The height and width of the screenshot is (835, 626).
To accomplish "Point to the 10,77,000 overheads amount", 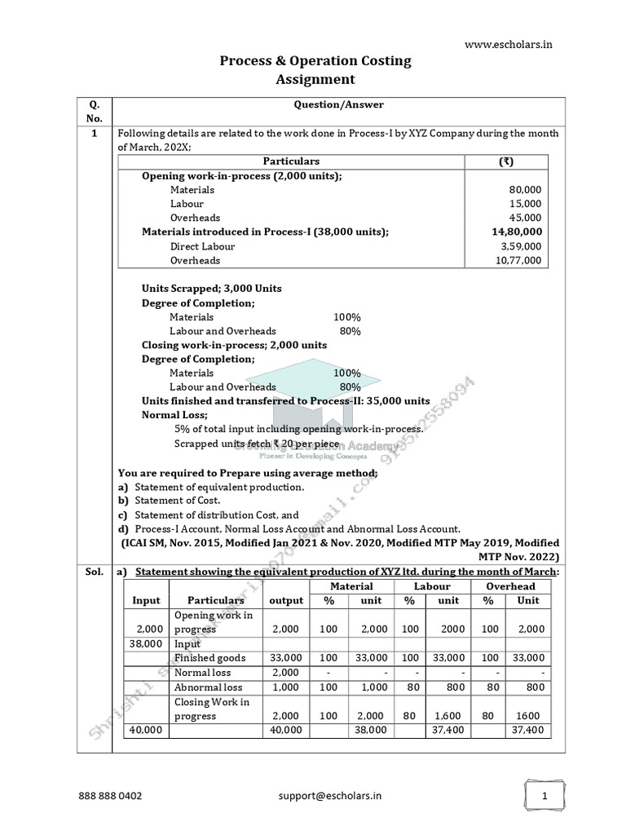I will click(517, 260).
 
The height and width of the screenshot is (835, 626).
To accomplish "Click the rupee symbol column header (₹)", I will click(506, 161).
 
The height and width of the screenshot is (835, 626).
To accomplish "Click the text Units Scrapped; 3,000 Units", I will click(212, 289).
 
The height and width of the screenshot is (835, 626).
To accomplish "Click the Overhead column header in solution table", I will click(510, 585).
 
